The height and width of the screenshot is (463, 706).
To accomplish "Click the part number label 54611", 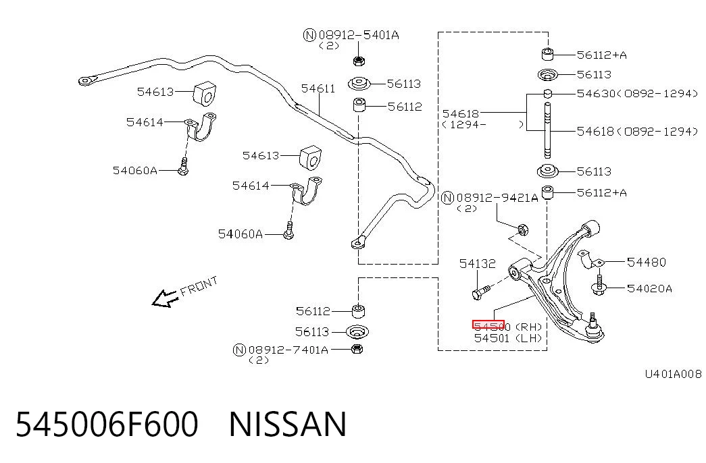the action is tap(318, 88).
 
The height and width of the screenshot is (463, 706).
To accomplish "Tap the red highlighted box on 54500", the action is tap(488, 325).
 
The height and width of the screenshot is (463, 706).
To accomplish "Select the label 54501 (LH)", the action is tap(508, 338).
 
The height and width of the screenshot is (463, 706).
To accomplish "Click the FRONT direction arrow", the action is tap(164, 298).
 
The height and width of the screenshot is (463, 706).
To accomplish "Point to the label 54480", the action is tap(646, 262).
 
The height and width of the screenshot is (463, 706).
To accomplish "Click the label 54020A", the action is tap(649, 288).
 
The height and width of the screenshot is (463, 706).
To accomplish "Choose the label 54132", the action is tap(477, 263).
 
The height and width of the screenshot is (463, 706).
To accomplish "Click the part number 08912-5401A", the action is tap(358, 35).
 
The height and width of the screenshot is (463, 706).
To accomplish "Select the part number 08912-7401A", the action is tap(288, 350).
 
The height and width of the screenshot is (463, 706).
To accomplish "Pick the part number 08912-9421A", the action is tap(497, 198).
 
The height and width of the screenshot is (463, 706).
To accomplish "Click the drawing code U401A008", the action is tap(673, 374).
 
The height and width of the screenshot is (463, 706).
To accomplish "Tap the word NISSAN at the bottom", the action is tap(288, 424).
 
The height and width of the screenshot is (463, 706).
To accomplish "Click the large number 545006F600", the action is tap(107, 424).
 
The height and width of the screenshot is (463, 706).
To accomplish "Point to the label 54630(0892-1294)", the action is tap(637, 94).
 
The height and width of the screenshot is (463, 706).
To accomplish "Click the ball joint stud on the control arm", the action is tap(593, 319).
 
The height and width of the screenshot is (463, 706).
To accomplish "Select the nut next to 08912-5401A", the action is tap(359, 61).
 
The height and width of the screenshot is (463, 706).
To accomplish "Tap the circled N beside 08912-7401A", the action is tap(240, 350).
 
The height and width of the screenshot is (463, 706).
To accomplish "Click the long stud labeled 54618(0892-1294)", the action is tap(547, 130).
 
